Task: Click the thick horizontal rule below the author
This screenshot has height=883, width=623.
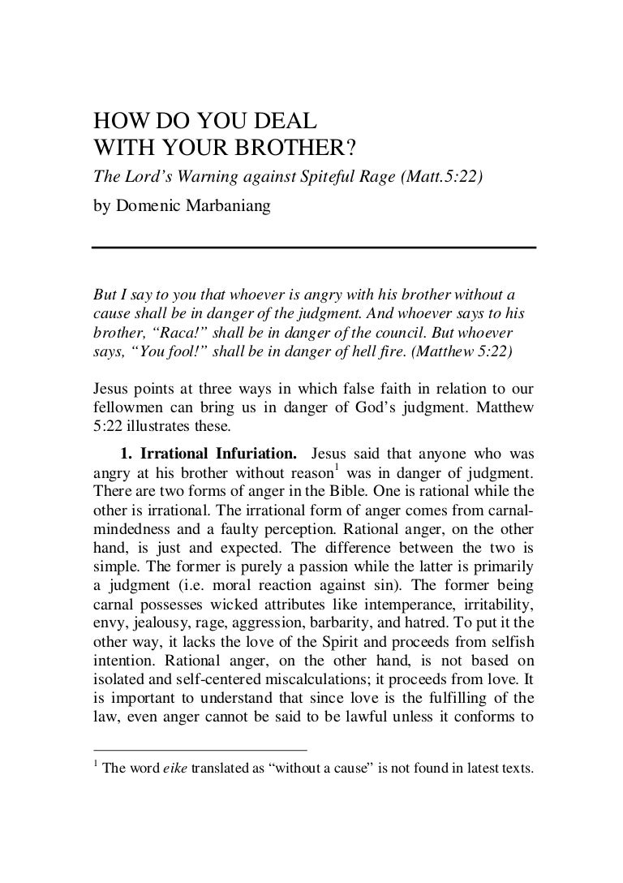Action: coord(314,247)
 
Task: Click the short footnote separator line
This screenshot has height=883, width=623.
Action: coord(200,749)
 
